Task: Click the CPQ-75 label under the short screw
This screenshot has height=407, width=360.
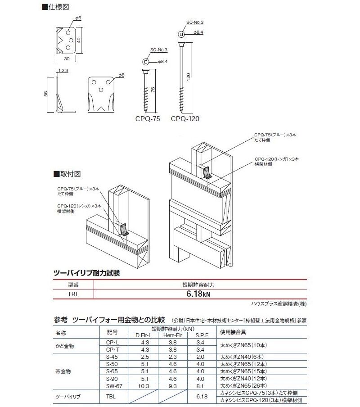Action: coord(147,119)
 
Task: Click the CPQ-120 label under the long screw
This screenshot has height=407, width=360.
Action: coord(184,119)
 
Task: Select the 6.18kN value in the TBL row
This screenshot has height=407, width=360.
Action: coord(198,294)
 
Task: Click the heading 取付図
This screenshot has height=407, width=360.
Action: coord(68,173)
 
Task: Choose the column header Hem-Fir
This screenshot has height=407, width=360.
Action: coord(172,335)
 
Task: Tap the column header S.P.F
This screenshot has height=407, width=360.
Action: coord(200,335)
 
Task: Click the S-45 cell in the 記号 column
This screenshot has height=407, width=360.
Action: coord(112,356)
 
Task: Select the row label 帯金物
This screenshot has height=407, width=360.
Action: coord(63,371)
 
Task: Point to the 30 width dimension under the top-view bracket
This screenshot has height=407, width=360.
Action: coord(67,59)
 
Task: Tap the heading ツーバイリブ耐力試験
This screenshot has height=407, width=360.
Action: coord(87,273)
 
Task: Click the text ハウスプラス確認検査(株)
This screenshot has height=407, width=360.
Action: coord(279,304)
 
